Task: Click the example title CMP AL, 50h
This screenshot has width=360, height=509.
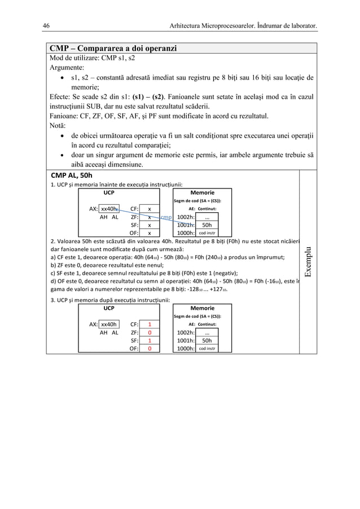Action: [71, 175]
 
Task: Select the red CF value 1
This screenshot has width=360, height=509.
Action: [149, 324]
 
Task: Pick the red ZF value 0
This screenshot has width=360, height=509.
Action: [149, 333]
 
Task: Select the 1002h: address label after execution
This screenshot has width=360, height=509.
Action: [185, 333]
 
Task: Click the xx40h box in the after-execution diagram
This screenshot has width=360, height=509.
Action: [109, 324]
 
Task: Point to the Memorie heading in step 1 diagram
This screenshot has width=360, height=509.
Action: [203, 192]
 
